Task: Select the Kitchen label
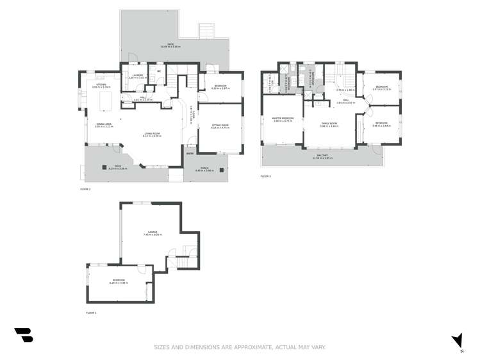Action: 101,85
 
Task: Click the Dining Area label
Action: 104,126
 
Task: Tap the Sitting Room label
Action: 220,126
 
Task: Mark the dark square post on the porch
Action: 220,171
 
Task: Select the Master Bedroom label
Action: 283,119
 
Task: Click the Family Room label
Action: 329,124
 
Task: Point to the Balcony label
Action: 324,156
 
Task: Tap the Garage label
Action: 151,233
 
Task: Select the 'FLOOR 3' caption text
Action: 265,176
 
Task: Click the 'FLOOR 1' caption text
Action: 91,313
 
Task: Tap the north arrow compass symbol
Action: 458,341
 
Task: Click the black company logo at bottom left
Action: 23,335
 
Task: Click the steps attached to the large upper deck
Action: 206,31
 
